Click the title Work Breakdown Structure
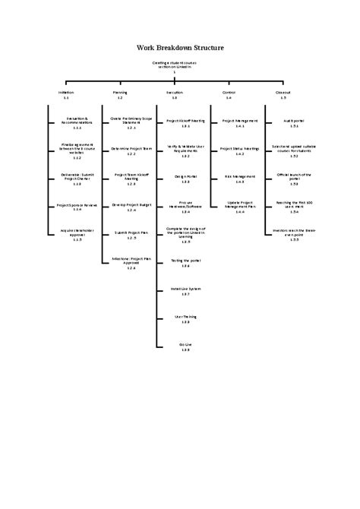pyautogui.click(x=180, y=47)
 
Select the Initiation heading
pyautogui.click(x=66, y=93)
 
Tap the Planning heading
pyautogui.click(x=120, y=93)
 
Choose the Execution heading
pyautogui.click(x=175, y=93)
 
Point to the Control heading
pyautogui.click(x=229, y=93)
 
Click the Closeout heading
pyautogui.click(x=283, y=93)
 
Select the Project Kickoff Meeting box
pyautogui.click(x=185, y=122)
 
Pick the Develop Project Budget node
pyautogui.click(x=131, y=207)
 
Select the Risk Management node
pyautogui.click(x=239, y=179)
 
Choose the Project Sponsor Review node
pyautogui.click(x=77, y=207)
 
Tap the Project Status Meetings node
pyautogui.click(x=239, y=150)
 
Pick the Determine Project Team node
pyautogui.click(x=131, y=150)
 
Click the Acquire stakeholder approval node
pyautogui.click(x=77, y=234)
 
